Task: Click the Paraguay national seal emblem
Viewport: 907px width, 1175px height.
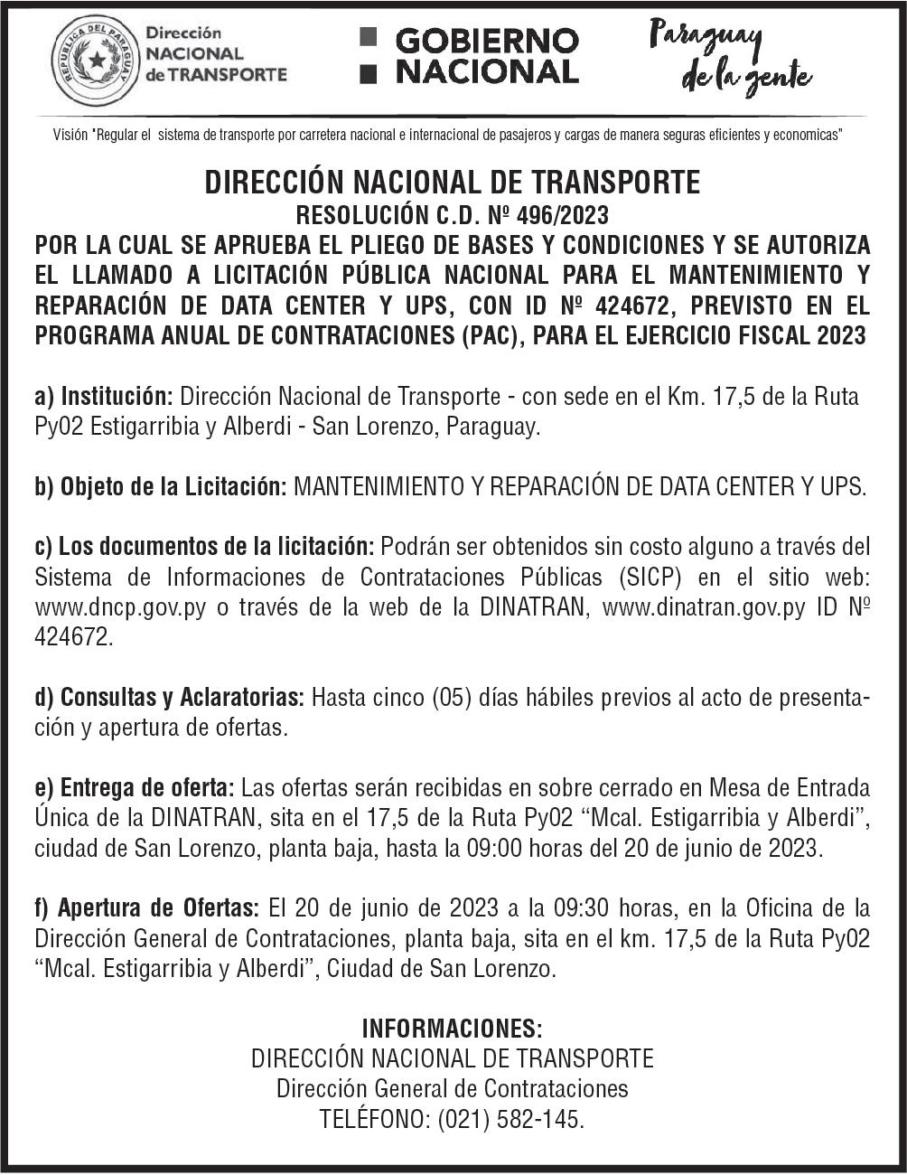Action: tap(95, 61)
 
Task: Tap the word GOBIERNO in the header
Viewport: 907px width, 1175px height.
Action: tap(487, 41)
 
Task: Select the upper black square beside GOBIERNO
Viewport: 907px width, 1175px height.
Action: tap(368, 38)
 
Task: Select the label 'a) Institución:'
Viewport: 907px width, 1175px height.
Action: tap(104, 397)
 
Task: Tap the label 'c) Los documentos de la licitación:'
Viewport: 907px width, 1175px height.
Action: tap(204, 547)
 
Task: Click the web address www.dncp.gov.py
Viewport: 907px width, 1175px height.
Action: tap(121, 607)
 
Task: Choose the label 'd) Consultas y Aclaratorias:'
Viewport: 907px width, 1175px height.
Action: tap(169, 698)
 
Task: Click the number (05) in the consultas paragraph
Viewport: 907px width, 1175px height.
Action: tap(450, 698)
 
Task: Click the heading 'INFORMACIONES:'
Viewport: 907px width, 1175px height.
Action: tap(452, 1029)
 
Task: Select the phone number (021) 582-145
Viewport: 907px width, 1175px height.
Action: tap(510, 1119)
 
